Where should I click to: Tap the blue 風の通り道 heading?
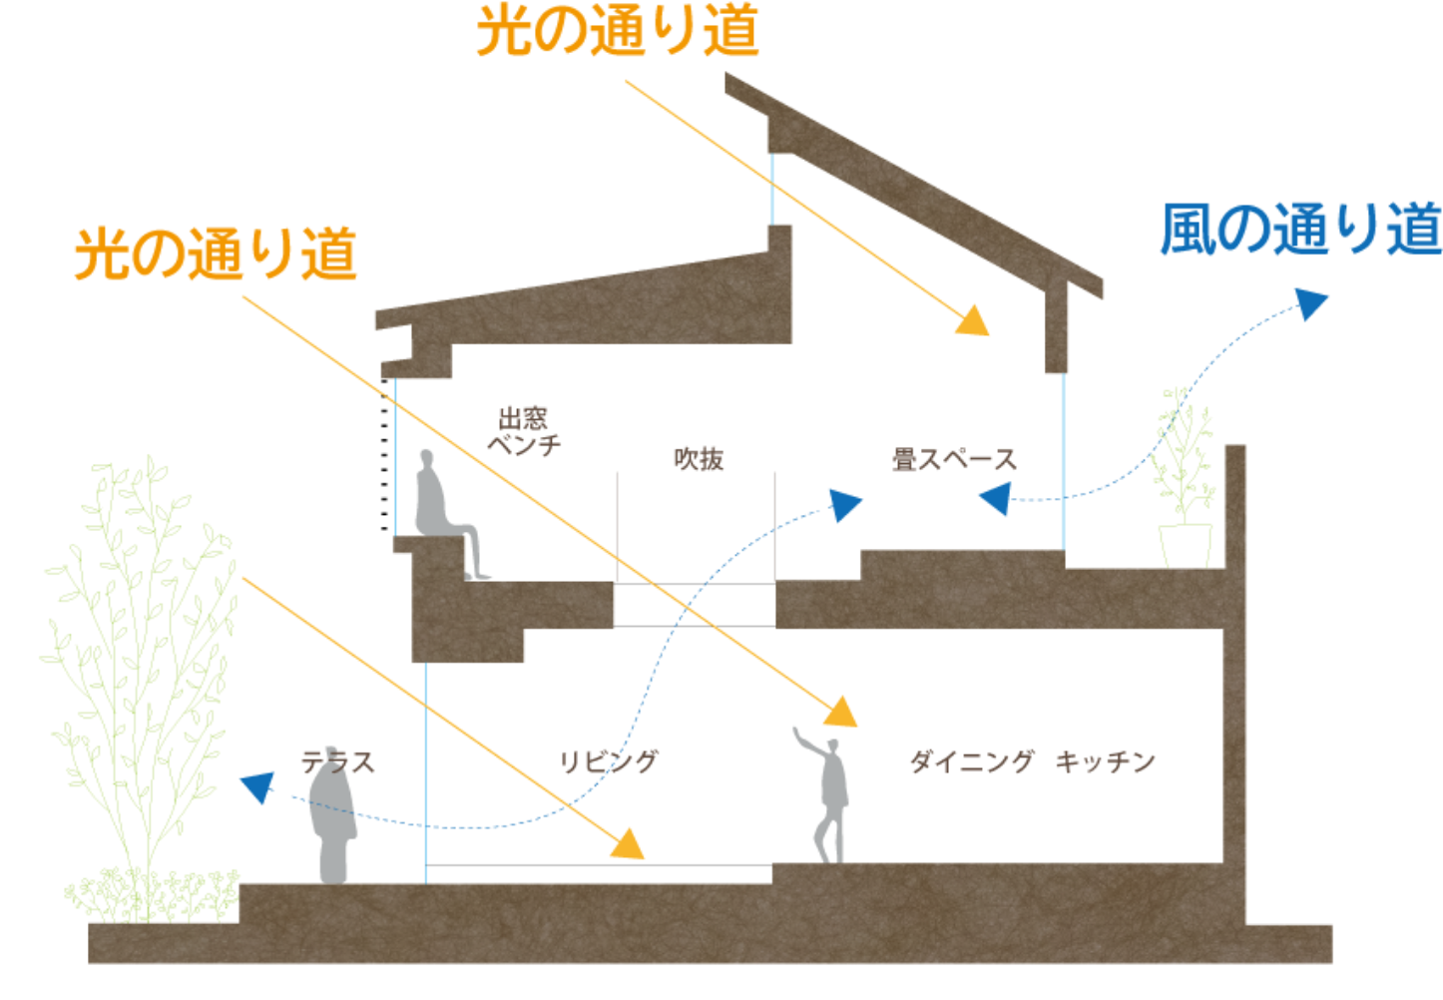pos(1300,231)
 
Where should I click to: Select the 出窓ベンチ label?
pos(524,431)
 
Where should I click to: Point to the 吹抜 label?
pos(699,460)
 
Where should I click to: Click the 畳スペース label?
pos(954,460)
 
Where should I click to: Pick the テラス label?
pos(338,762)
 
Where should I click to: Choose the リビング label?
pos(609,762)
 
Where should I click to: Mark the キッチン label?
pos(1106,762)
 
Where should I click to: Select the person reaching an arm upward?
pos(830,793)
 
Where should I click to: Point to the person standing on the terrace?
pos(332,823)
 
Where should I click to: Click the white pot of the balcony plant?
pos(1186,545)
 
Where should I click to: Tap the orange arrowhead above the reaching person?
pos(841,712)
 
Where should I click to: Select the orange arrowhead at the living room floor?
pos(629,844)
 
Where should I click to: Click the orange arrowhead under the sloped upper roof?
pos(973,321)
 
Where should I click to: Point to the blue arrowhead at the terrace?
pos(257,787)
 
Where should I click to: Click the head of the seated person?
pos(427,460)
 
